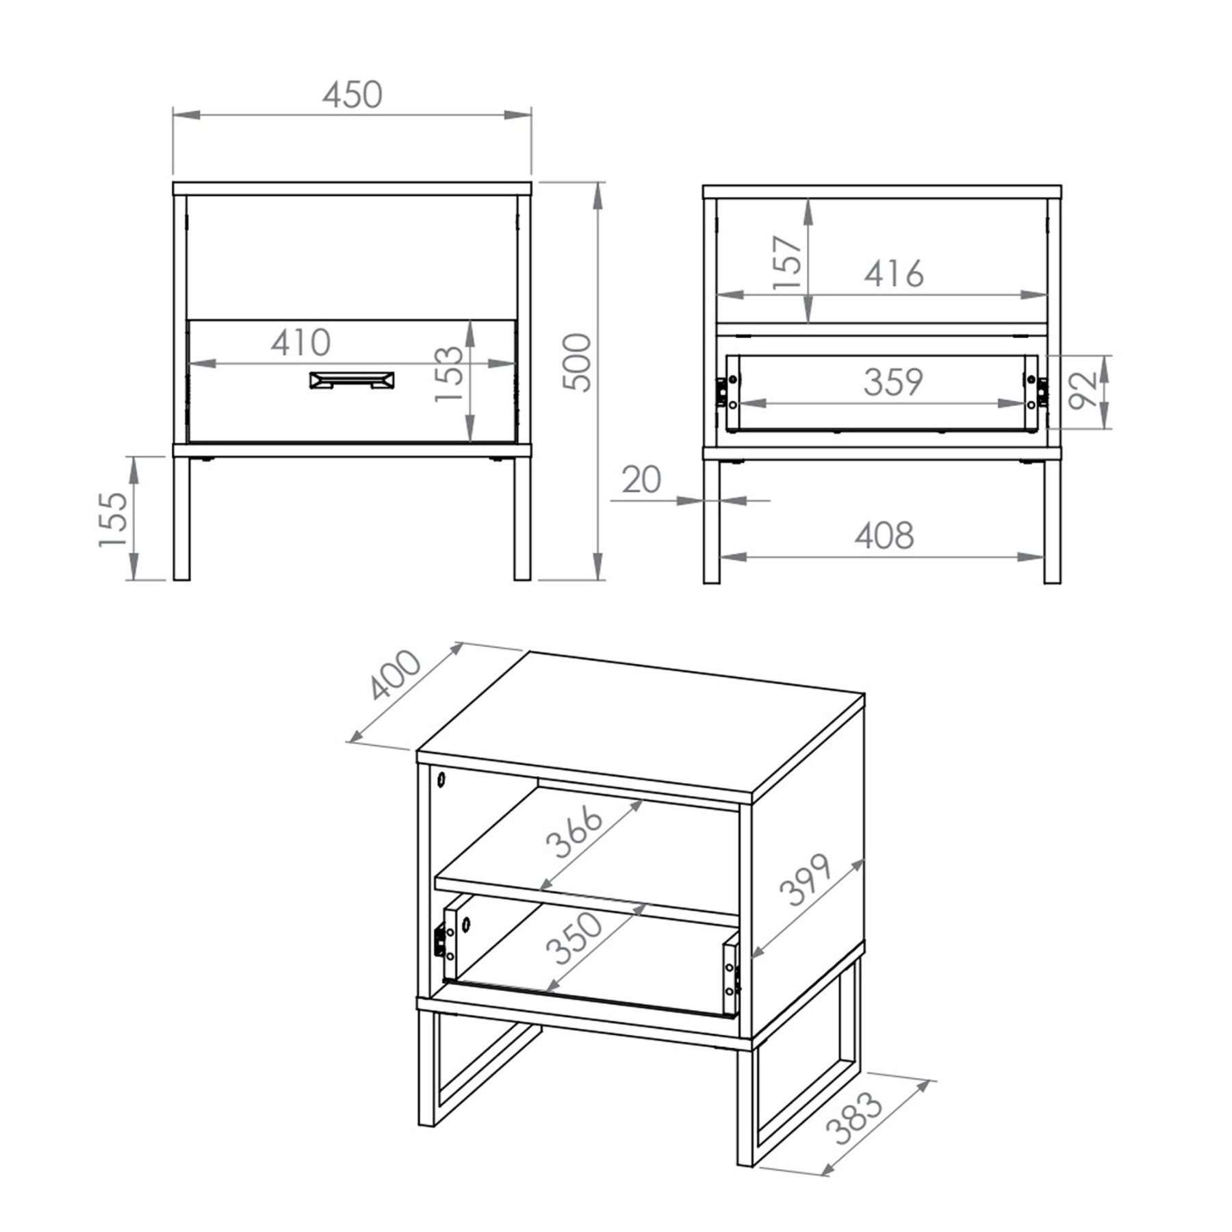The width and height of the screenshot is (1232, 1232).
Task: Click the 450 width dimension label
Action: click(352, 95)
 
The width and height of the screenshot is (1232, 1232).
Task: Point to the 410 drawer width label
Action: click(300, 342)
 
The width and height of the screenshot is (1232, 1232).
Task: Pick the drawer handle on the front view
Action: click(352, 381)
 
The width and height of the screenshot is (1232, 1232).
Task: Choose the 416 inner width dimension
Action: click(894, 274)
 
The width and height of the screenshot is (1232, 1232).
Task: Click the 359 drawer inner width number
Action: click(893, 382)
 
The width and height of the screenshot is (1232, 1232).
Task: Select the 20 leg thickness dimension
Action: click(642, 480)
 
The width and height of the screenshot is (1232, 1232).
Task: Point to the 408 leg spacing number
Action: click(884, 535)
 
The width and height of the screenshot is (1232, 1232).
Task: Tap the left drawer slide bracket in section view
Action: click(722, 391)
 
